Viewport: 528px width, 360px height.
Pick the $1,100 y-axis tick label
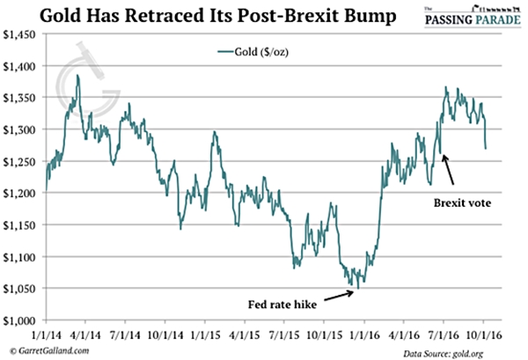point(21,256)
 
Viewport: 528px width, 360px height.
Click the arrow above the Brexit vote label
point(449,167)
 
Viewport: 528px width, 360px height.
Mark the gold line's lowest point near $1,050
point(358,287)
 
